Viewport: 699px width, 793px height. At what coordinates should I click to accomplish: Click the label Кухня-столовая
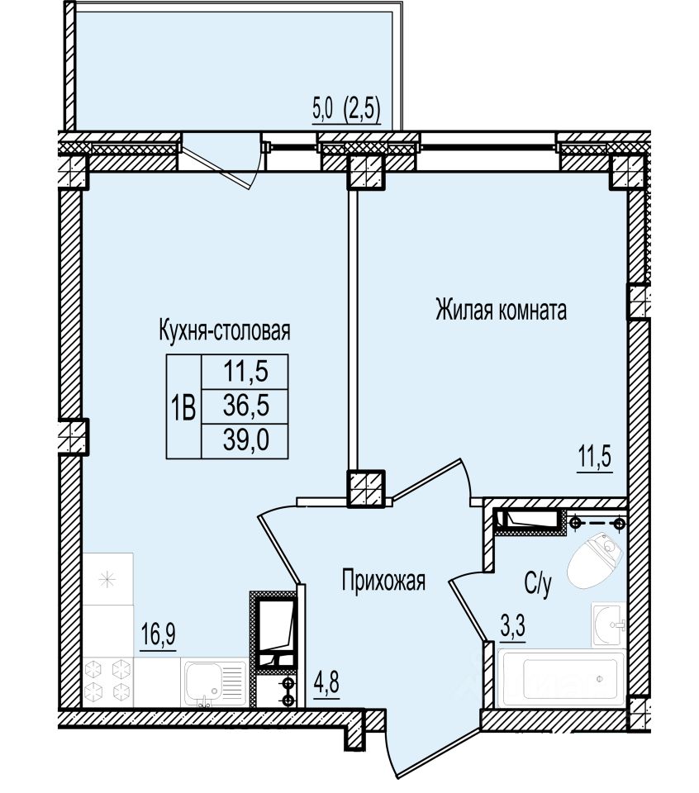(225, 331)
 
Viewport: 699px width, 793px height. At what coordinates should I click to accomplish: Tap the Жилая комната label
(501, 310)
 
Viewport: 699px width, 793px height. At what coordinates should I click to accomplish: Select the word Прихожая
(383, 580)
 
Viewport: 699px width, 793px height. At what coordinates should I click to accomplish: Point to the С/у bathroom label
(538, 585)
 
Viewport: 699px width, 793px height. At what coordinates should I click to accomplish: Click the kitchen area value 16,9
(159, 634)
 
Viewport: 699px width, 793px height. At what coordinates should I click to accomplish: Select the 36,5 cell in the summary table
(246, 406)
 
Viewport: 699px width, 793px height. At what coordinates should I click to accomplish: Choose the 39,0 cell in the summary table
(246, 441)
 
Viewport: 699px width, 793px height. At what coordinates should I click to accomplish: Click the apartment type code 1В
(184, 407)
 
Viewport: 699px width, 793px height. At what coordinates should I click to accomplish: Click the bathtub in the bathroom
(561, 677)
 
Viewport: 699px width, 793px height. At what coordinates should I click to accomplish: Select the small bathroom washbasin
(608, 624)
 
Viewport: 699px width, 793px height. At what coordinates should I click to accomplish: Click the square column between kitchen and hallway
(366, 488)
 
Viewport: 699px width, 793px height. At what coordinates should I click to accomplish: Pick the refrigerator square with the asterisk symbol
(107, 579)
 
